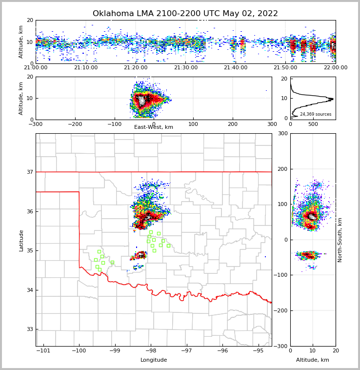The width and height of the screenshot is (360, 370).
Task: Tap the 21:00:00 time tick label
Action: [36, 68]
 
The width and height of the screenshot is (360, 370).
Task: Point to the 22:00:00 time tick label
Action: [336, 68]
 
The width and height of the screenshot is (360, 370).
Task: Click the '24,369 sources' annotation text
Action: [316, 114]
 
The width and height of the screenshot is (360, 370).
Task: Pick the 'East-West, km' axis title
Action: [154, 127]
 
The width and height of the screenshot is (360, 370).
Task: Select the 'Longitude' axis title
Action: [154, 360]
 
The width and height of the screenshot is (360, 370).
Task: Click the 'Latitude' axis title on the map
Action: [21, 240]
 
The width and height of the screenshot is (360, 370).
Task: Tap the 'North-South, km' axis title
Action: [340, 240]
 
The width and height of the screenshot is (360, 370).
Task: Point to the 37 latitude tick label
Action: [29, 172]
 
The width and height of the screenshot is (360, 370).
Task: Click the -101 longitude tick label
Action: [43, 351]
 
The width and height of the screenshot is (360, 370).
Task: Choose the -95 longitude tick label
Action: [258, 351]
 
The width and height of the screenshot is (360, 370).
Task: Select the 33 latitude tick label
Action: [29, 329]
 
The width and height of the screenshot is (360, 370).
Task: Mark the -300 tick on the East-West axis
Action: [36, 124]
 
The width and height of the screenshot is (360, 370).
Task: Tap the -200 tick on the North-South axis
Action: [280, 310]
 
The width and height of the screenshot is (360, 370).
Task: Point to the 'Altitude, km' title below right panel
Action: [313, 360]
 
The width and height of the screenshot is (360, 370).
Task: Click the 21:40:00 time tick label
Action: [236, 68]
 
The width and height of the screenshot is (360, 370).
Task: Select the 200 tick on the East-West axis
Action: [233, 124]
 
